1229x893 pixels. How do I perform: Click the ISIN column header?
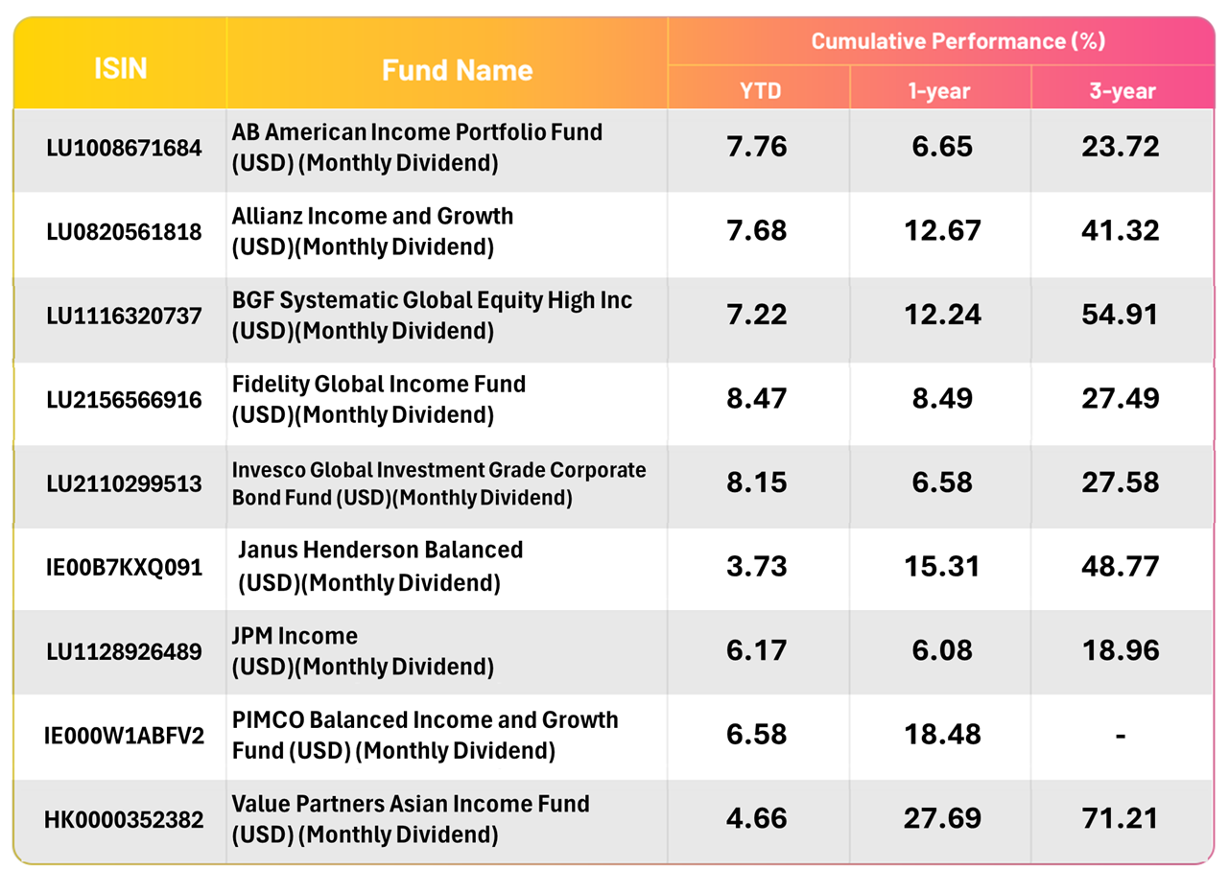pos(121,69)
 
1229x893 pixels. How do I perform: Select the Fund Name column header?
pos(457,70)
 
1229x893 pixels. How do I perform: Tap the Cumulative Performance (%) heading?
pos(958,41)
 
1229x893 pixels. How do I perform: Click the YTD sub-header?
pos(758,92)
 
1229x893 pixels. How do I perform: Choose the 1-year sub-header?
pos(940,92)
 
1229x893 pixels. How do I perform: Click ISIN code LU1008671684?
pos(124,149)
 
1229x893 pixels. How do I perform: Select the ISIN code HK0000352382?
pos(124,820)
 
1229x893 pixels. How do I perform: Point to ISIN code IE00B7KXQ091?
pos(124,567)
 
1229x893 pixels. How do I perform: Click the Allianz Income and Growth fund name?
pos(372,231)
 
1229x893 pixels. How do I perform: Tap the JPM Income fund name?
pos(363,650)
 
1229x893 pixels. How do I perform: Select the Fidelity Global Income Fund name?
pos(379,399)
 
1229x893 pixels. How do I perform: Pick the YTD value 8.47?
pos(757,399)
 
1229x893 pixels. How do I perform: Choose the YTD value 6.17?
pos(757,650)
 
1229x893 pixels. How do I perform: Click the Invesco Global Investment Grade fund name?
pos(439,484)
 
